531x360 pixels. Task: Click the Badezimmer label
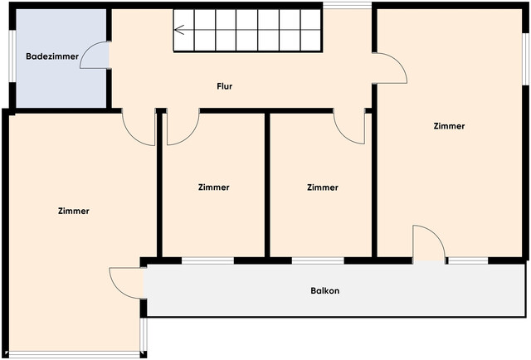(52, 56)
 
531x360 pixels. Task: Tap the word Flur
(224, 85)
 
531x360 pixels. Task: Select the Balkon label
(325, 291)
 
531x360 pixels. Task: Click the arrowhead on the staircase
(178, 32)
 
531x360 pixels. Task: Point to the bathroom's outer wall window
(12, 56)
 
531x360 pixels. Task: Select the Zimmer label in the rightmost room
(449, 126)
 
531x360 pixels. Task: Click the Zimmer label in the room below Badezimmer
(74, 211)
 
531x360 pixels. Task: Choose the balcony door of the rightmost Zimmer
(428, 245)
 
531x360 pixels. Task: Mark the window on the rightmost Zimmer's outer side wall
(525, 59)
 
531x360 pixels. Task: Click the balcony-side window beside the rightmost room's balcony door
(468, 260)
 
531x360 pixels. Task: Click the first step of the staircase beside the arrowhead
(183, 31)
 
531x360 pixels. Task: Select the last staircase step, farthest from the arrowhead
(310, 31)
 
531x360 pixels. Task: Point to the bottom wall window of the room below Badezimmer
(75, 354)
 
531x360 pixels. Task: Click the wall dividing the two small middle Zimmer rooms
(267, 184)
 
